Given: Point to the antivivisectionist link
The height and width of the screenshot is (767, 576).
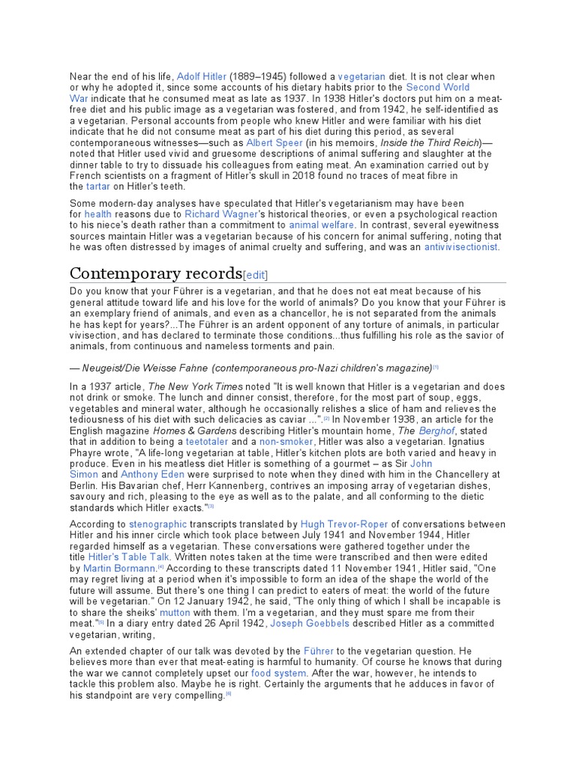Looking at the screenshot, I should [x=460, y=246].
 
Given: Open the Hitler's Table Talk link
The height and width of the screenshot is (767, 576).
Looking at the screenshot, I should [x=130, y=557].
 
